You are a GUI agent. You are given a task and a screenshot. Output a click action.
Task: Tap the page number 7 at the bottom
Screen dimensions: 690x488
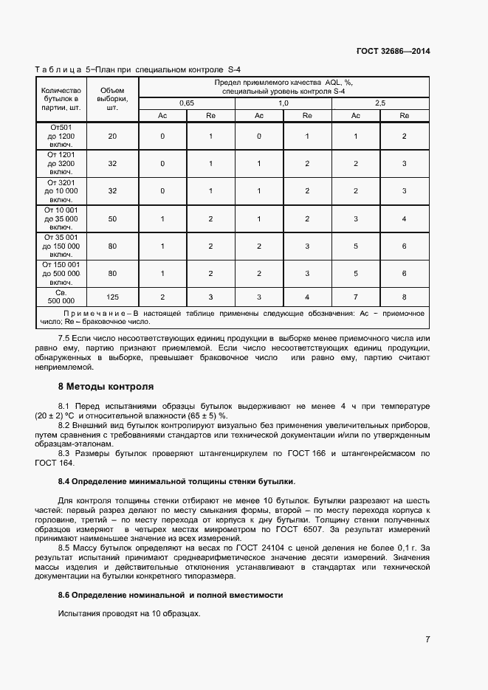[x=427, y=639]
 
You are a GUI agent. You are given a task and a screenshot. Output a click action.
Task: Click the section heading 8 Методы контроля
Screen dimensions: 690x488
[x=106, y=386]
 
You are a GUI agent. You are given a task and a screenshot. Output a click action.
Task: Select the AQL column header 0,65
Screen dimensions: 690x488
[x=186, y=103]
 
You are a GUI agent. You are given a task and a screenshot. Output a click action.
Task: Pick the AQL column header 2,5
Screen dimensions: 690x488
[x=380, y=103]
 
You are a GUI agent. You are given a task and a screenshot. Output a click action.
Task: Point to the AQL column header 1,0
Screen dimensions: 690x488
[x=283, y=103]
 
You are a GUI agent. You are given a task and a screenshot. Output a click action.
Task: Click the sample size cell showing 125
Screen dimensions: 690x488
[x=112, y=297]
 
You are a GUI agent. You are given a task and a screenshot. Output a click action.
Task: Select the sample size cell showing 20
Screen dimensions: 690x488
[x=112, y=136]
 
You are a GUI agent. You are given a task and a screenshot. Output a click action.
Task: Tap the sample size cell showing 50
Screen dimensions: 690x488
[x=112, y=218]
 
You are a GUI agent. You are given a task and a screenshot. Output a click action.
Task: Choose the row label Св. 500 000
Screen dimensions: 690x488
[x=61, y=297]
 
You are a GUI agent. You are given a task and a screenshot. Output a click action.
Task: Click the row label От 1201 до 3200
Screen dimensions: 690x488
[x=61, y=163]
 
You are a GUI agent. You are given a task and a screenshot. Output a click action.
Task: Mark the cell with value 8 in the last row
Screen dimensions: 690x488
[x=404, y=297]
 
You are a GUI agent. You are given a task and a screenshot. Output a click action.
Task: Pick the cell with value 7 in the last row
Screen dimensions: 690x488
[x=356, y=297]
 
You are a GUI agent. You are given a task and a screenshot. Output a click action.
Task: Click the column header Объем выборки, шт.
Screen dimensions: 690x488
[x=112, y=99]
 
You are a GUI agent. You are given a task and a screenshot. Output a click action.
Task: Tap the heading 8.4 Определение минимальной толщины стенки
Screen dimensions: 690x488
[x=176, y=481]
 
